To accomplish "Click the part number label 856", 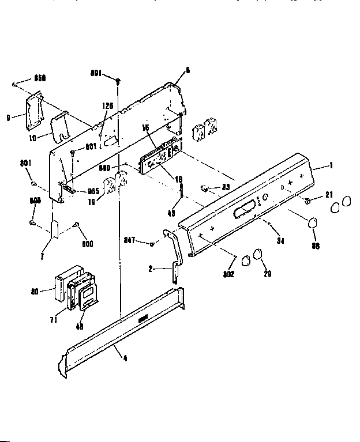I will pos(40,77).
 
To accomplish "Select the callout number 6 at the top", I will pos(187,70).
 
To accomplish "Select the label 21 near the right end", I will pos(329,194).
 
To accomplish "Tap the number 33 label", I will pos(226,187).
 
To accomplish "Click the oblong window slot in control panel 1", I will pos(245,209).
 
